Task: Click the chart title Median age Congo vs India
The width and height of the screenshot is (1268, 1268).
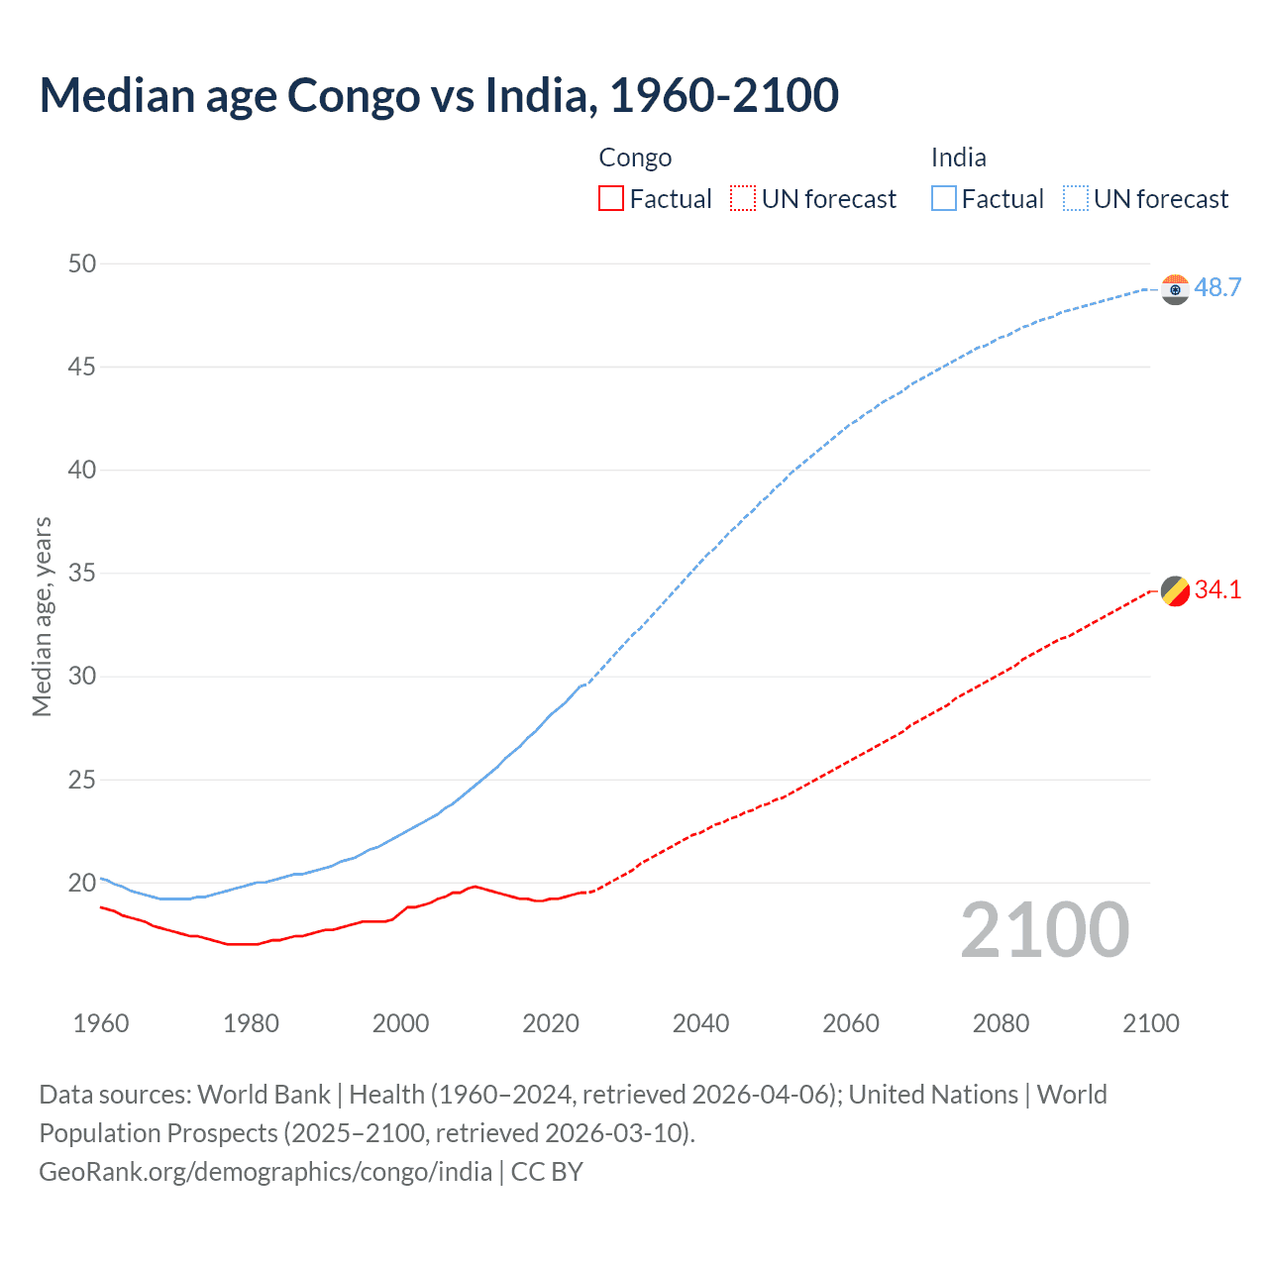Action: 439,95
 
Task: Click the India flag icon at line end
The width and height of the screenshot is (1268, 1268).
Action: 1175,289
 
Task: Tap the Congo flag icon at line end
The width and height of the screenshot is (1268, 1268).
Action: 1175,590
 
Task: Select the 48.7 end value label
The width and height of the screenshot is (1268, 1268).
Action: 1217,288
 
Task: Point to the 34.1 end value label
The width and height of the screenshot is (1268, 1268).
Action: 1217,590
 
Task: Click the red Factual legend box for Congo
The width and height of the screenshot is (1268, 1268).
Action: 611,199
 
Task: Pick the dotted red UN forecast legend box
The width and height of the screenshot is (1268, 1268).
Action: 743,199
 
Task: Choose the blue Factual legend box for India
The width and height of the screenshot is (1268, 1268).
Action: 944,199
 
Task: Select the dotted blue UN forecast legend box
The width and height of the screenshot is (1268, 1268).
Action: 1075,199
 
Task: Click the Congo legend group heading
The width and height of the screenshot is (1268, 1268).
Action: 635,158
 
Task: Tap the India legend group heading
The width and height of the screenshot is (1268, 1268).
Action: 958,158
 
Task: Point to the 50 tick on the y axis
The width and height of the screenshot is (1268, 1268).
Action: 82,264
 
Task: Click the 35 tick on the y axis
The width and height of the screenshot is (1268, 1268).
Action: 82,574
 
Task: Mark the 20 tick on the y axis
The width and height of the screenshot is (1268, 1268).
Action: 82,883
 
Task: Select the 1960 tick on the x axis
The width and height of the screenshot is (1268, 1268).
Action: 101,1023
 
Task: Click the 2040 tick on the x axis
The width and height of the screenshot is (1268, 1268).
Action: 700,1023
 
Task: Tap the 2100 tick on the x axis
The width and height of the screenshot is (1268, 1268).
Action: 1150,1023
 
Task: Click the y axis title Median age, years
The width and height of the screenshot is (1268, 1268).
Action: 42,616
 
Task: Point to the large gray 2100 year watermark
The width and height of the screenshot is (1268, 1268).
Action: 1044,930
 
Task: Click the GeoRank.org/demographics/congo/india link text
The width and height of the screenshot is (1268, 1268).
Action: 265,1172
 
